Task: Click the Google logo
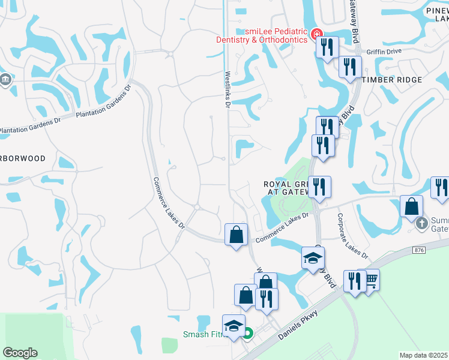[20, 353]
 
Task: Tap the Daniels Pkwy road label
[298, 329]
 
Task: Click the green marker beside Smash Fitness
[247, 334]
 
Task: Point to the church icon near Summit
[422, 224]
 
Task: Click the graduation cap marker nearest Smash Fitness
[234, 325]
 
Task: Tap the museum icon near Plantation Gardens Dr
[5, 80]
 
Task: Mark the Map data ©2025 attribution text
[424, 356]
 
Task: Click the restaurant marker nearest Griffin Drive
[350, 67]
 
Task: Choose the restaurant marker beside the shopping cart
[355, 280]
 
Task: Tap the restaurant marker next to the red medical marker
[327, 47]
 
